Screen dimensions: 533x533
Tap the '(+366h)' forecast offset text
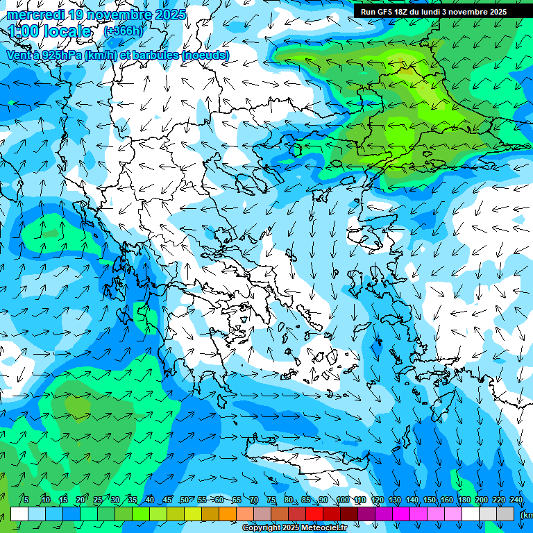click(123, 31)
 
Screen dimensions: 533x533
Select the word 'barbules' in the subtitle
click(153, 55)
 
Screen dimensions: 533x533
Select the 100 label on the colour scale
click(342, 500)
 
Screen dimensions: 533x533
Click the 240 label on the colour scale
click(516, 500)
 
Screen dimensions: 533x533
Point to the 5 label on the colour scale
click(26, 500)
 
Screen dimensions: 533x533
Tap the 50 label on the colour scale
click(184, 500)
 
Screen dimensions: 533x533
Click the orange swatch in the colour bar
click(228, 514)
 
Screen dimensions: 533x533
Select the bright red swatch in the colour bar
click(314, 514)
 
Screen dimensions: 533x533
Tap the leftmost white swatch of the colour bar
click(19, 514)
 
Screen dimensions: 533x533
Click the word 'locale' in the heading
click(65, 31)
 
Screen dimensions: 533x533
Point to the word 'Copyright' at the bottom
click(261, 528)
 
